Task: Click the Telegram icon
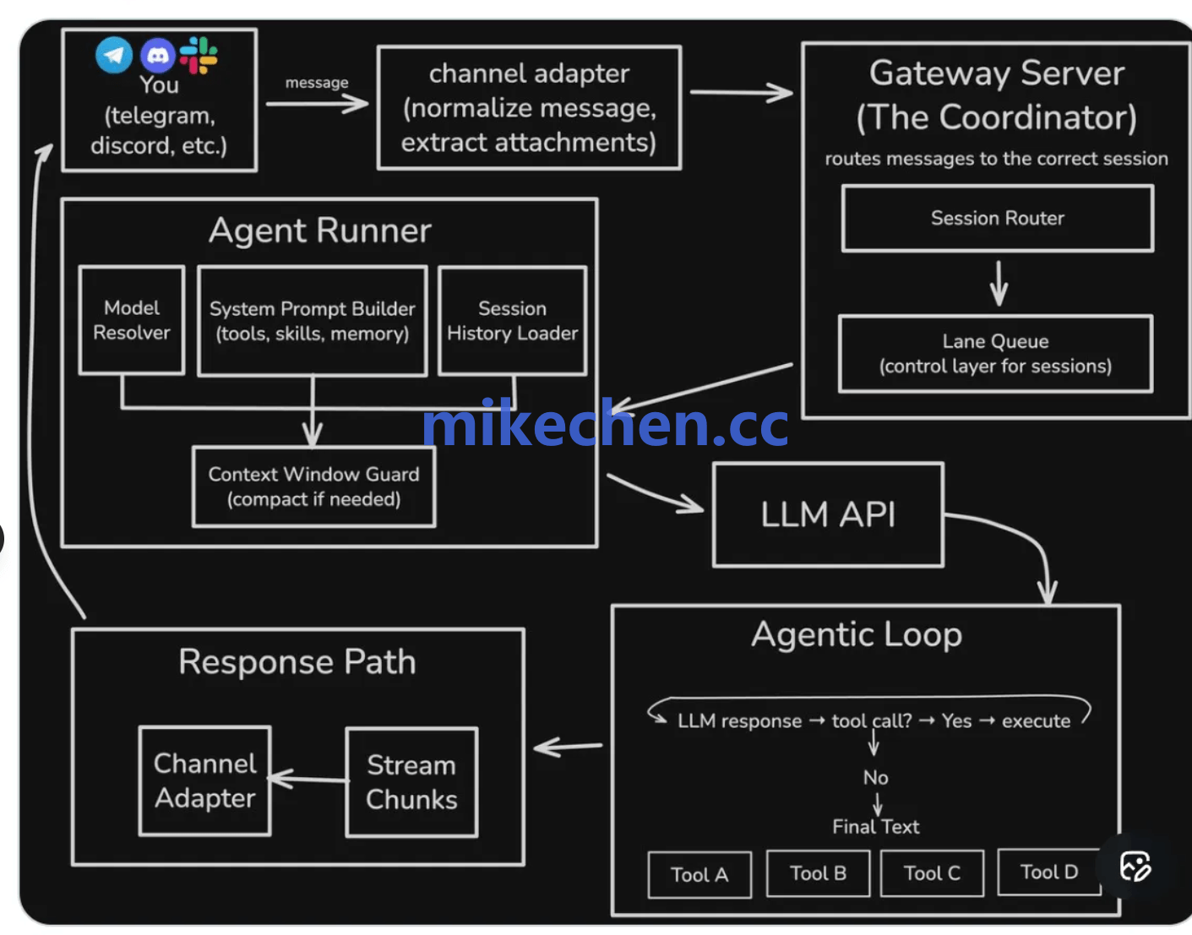[x=114, y=56]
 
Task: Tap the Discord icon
[x=157, y=56]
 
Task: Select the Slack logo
[x=199, y=55]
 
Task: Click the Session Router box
[x=997, y=219]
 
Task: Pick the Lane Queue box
[x=995, y=354]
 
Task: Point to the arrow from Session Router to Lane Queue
[x=999, y=283]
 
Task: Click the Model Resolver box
[x=132, y=320]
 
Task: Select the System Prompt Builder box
[x=313, y=321]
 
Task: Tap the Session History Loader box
[x=513, y=321]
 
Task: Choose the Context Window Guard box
[x=313, y=487]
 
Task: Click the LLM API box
[x=828, y=514]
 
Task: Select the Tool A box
[x=699, y=875]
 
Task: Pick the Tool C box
[x=932, y=873]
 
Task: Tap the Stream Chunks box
[x=411, y=782]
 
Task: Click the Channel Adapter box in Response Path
[x=205, y=781]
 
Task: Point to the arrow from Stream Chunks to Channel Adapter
[x=308, y=779]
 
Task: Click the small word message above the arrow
[x=317, y=83]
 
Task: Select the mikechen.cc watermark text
[x=605, y=424]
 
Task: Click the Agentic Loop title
[x=857, y=634]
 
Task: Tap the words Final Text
[x=875, y=827]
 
